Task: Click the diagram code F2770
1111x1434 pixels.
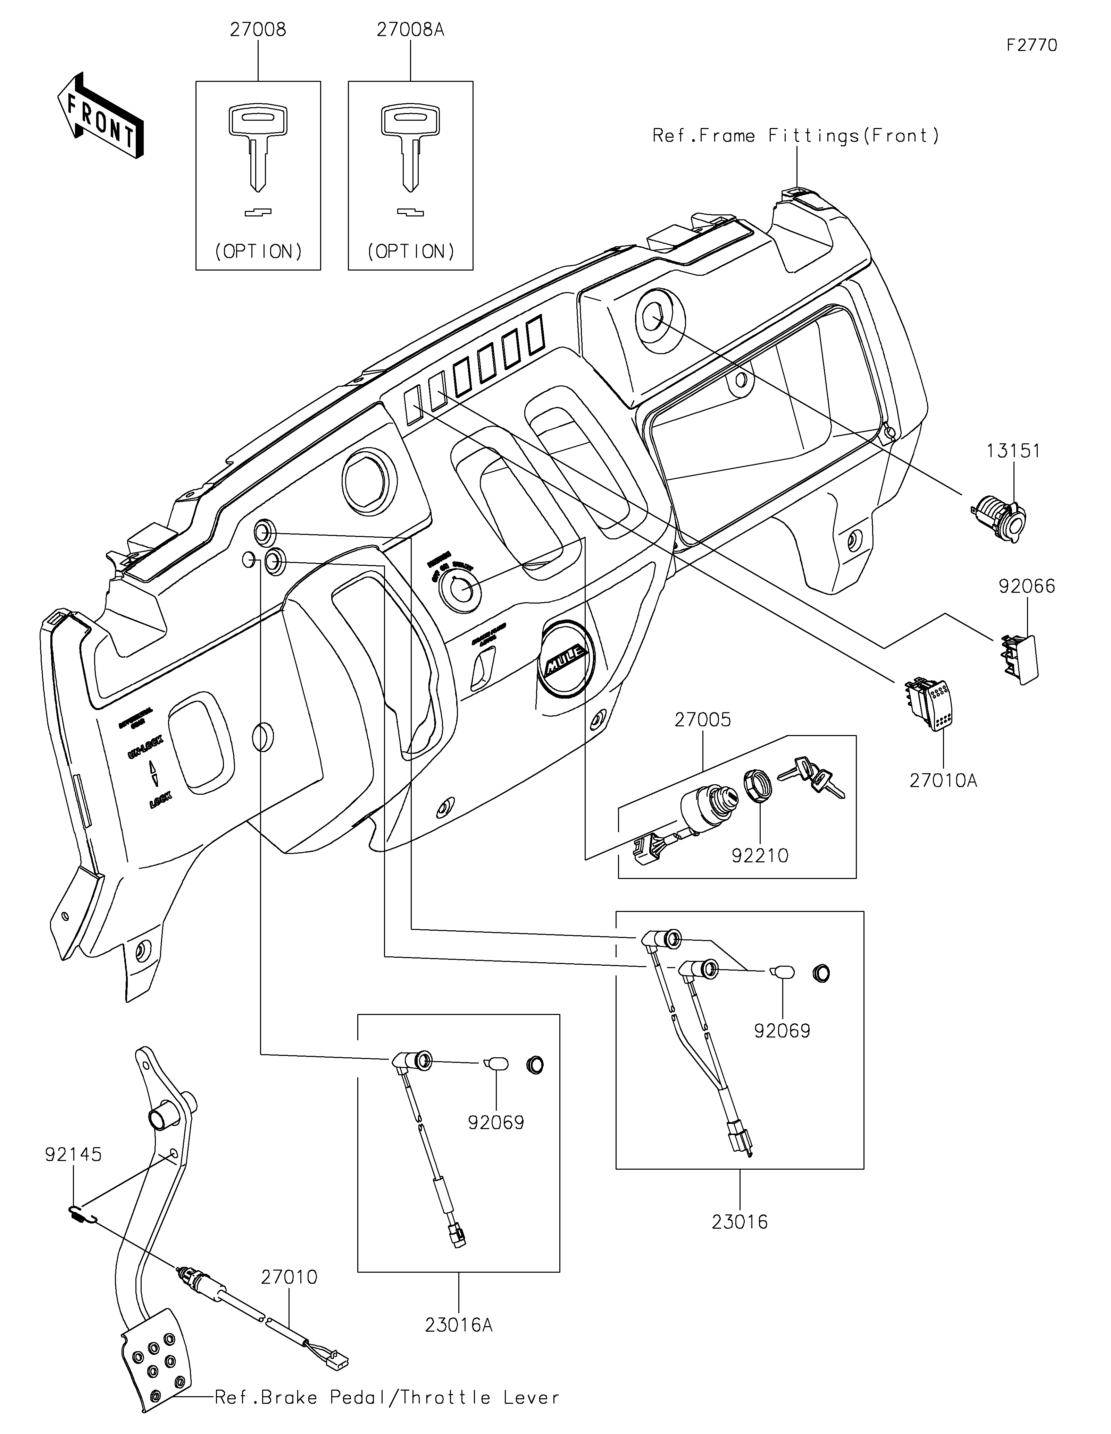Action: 1031,45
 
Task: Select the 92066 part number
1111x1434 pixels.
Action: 1026,586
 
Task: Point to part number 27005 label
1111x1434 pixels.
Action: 702,720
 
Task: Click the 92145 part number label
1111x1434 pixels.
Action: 74,1154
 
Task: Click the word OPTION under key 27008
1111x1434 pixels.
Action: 258,251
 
